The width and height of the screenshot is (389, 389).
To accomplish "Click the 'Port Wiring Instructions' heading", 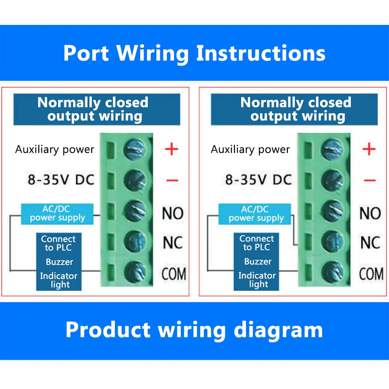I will click(x=194, y=53).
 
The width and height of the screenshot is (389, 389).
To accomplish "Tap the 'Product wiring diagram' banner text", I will click(x=194, y=330).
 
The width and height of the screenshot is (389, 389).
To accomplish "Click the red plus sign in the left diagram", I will click(x=172, y=149).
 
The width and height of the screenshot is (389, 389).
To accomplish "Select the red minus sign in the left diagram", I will click(x=172, y=180).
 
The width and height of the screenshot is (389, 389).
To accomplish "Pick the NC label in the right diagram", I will click(x=370, y=243).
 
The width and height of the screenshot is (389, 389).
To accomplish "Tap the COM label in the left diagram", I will click(x=174, y=273).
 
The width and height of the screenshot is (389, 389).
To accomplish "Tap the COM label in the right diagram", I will click(x=371, y=274).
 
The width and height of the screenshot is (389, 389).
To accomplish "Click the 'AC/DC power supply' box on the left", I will click(x=58, y=214).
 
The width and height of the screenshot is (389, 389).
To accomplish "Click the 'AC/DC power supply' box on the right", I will click(x=256, y=214).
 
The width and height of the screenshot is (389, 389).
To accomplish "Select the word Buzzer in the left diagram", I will click(x=59, y=262).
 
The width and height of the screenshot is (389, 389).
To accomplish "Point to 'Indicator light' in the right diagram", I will click(x=257, y=280).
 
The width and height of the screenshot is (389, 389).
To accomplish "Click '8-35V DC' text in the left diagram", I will click(x=61, y=180).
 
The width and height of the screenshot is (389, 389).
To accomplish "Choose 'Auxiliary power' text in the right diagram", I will click(x=251, y=149).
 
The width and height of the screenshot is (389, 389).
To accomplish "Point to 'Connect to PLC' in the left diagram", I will click(x=58, y=243).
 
